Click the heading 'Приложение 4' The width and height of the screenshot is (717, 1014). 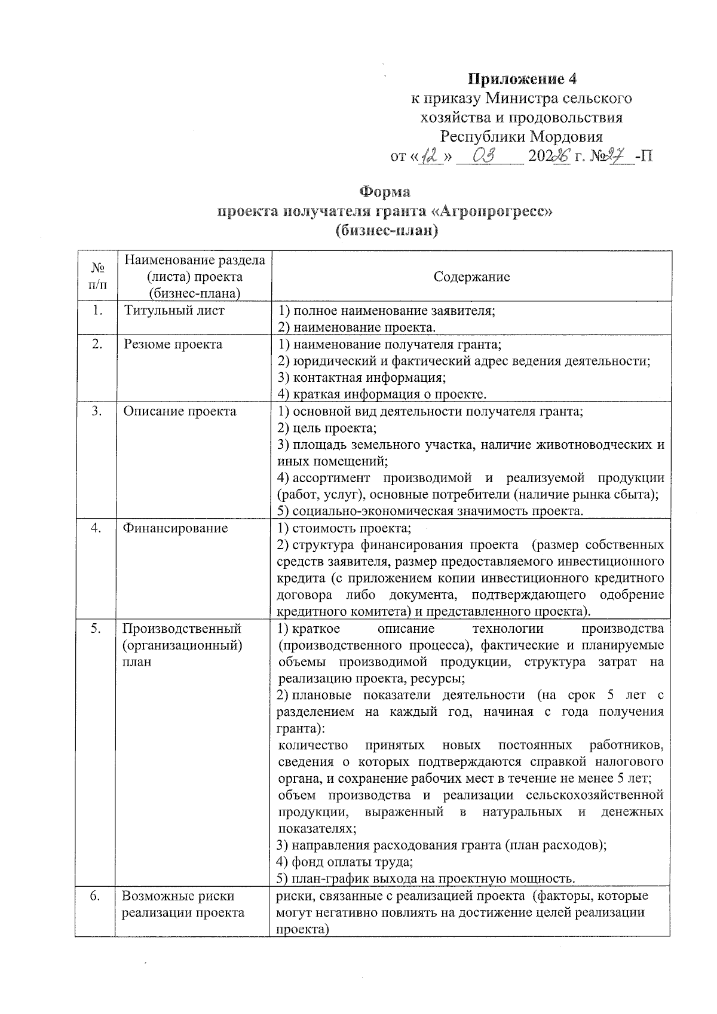tap(522, 79)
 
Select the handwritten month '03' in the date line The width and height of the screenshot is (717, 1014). tap(485, 157)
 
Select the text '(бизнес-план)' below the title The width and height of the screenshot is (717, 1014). tap(386, 231)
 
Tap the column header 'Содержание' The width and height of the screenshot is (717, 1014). tap(471, 277)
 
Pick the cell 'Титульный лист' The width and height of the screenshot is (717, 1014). tap(174, 311)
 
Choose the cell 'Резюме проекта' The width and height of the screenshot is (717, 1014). tap(173, 344)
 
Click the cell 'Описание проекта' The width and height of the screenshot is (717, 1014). tap(179, 411)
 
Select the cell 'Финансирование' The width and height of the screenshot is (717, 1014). tap(175, 528)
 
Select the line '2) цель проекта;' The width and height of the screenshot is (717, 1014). tap(327, 428)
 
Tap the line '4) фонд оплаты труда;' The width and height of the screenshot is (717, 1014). tap(345, 862)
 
